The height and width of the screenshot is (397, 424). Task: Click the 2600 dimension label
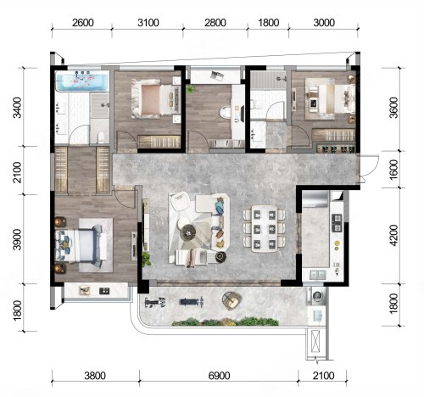83,23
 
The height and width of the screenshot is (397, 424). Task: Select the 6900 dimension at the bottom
219,376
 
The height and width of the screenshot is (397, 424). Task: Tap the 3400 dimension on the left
18,108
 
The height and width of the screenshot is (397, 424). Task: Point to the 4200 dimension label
393,235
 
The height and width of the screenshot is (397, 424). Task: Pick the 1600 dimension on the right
393,170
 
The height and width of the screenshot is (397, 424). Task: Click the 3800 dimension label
95,376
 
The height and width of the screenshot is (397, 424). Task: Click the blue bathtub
82,81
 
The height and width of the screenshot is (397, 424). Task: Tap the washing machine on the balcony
318,296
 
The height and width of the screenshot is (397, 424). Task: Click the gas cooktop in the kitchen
337,222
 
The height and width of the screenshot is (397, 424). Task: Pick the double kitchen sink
318,274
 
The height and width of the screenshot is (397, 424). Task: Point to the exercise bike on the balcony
155,303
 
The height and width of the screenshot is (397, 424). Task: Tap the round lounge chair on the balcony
232,300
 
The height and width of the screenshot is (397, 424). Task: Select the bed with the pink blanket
156,98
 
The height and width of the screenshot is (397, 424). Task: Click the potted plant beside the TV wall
146,259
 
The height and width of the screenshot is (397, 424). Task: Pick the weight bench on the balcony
192,302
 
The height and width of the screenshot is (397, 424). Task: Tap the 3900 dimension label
18,239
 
